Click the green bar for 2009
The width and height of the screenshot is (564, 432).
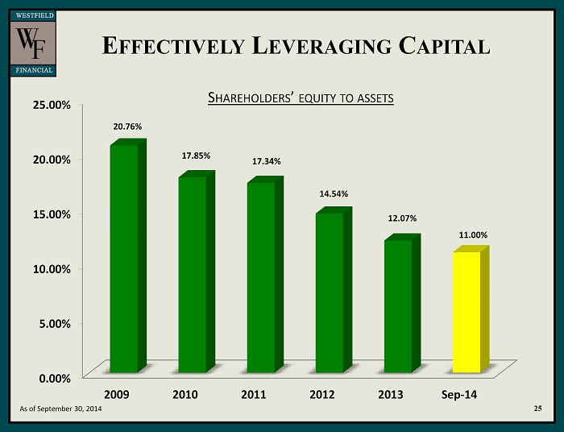pyautogui.click(x=123, y=258)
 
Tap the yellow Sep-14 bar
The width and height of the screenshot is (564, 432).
pyautogui.click(x=467, y=311)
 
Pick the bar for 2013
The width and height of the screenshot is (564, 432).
pyautogui.click(x=398, y=306)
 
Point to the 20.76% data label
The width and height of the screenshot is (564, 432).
pyautogui.click(x=127, y=127)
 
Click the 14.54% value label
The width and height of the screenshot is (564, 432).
pyautogui.click(x=334, y=194)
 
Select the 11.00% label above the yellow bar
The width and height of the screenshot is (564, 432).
pyautogui.click(x=473, y=235)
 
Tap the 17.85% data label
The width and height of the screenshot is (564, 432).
pyautogui.click(x=196, y=156)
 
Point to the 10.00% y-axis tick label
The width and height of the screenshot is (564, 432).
pyautogui.click(x=48, y=268)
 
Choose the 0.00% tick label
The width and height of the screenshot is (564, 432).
pyautogui.click(x=51, y=376)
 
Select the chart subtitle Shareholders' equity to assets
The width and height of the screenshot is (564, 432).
pyautogui.click(x=301, y=98)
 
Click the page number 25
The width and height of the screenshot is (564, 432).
pyautogui.click(x=537, y=410)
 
